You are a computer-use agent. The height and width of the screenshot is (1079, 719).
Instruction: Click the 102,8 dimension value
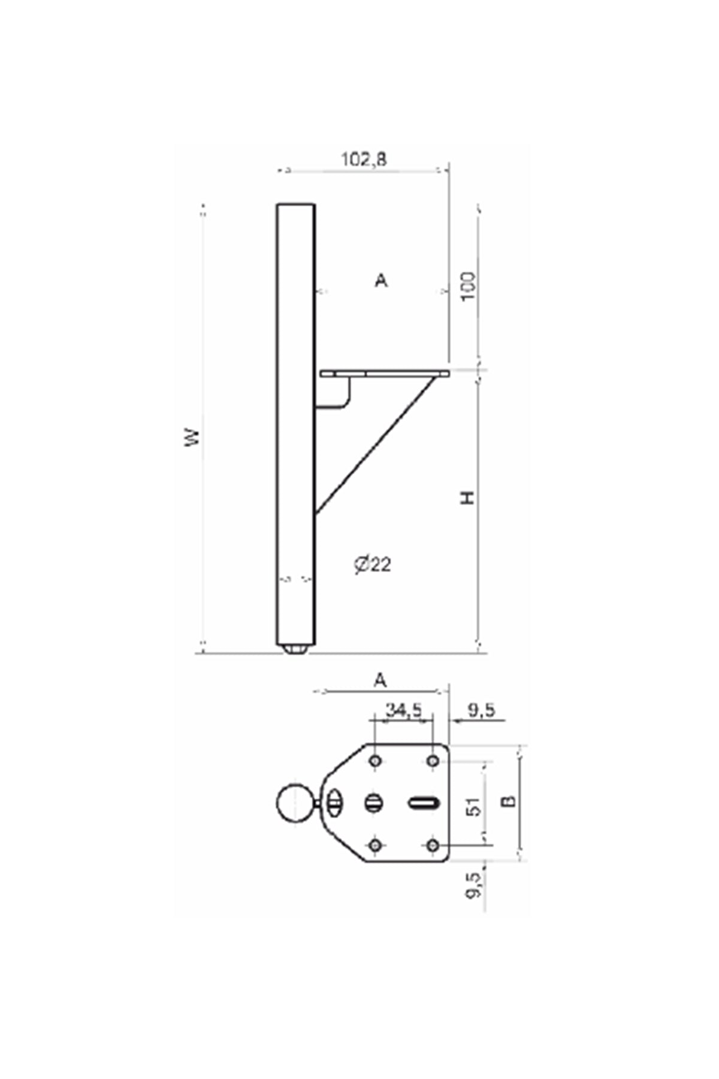pyautogui.click(x=364, y=159)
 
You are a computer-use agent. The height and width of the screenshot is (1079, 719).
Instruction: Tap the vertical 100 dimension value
pyautogui.click(x=469, y=287)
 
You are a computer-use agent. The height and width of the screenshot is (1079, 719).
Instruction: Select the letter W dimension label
pyautogui.click(x=192, y=436)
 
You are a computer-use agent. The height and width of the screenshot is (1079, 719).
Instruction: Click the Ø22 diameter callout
pyautogui.click(x=372, y=564)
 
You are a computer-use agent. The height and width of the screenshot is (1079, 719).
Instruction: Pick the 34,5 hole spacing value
pyautogui.click(x=403, y=710)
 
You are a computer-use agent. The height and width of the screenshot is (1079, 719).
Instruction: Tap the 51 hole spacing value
pyautogui.click(x=473, y=806)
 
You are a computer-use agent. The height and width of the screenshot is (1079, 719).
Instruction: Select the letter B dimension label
pyautogui.click(x=509, y=801)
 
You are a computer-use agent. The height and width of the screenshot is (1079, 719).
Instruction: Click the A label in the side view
pyautogui.click(x=381, y=280)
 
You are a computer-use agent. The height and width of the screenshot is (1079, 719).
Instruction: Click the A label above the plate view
pyautogui.click(x=380, y=680)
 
